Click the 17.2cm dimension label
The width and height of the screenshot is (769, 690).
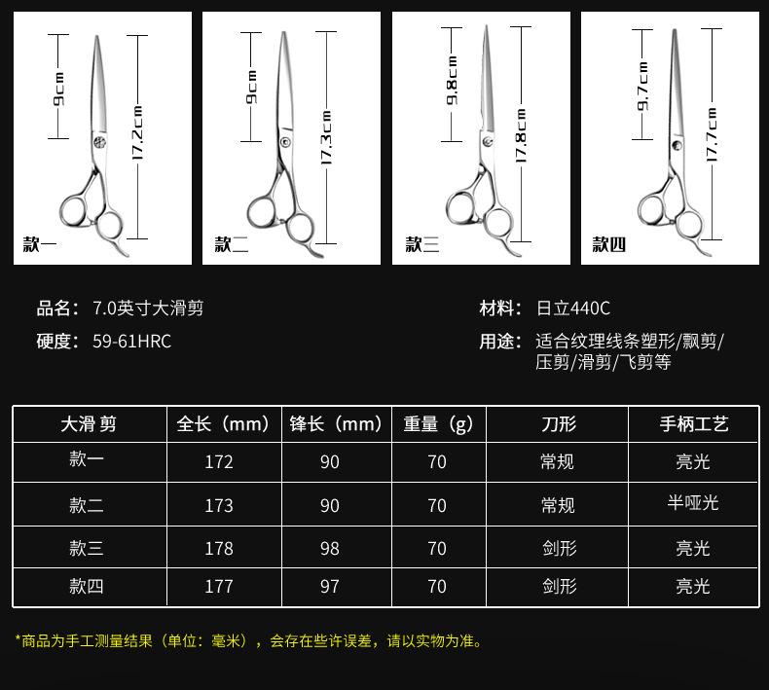[x=138, y=133]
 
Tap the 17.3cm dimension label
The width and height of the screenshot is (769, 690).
[x=326, y=136]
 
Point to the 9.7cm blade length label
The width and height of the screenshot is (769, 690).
[x=642, y=86]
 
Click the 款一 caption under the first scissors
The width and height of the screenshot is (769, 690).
[x=40, y=244]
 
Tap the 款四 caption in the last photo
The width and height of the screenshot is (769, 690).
[x=609, y=244]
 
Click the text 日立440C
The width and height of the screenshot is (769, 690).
[x=573, y=309]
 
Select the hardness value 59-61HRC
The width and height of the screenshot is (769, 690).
[x=131, y=341]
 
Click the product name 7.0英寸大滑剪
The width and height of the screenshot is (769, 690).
[x=148, y=309]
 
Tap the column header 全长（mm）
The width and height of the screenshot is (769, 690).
[x=223, y=424]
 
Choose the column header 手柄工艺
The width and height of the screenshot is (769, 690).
[x=693, y=424]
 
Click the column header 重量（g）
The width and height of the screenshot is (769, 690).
[x=437, y=424]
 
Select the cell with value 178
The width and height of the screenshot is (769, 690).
[x=219, y=549]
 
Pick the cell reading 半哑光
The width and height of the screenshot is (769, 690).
[x=692, y=502]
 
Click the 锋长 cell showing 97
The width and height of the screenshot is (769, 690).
[x=330, y=586]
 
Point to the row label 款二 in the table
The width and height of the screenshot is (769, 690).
[x=87, y=505]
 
